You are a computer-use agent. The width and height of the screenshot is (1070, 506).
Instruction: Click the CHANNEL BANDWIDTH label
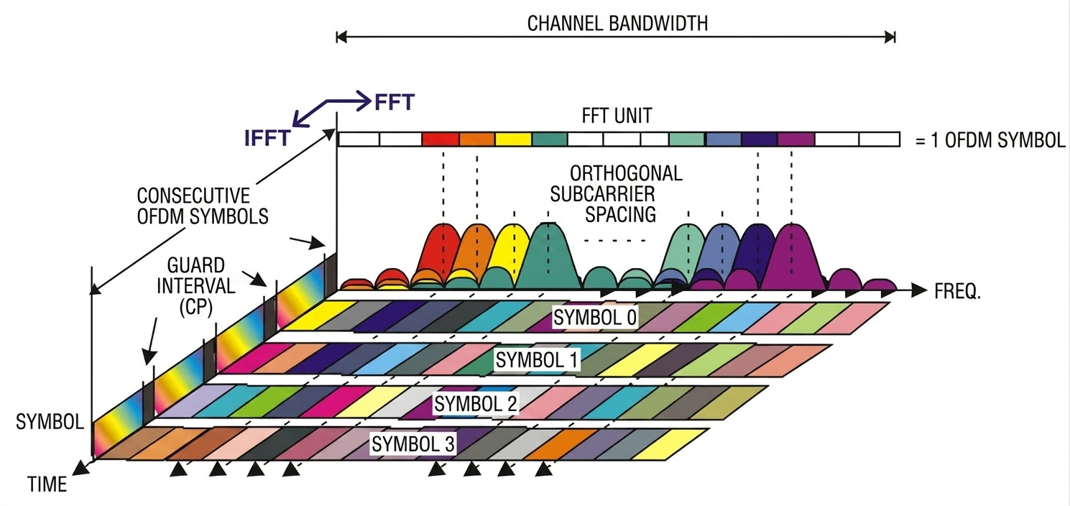click(617, 24)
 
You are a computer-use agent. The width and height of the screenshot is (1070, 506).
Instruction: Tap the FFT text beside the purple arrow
click(395, 102)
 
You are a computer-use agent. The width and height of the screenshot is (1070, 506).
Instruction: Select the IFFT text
click(267, 138)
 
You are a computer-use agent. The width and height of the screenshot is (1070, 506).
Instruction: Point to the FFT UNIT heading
click(617, 116)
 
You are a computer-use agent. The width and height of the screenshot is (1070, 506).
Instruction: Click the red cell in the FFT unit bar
click(441, 139)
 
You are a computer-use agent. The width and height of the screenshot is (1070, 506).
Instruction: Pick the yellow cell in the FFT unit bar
click(513, 139)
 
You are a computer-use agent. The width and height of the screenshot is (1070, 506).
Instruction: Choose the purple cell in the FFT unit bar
click(795, 139)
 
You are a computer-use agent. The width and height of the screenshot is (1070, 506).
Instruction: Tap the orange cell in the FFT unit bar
click(476, 139)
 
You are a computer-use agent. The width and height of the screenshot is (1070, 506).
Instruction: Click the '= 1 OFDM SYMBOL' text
click(990, 140)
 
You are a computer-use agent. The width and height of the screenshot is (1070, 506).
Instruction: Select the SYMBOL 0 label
click(595, 317)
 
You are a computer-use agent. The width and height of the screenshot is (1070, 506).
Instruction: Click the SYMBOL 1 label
click(537, 360)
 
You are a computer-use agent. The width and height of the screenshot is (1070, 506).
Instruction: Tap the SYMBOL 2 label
click(475, 404)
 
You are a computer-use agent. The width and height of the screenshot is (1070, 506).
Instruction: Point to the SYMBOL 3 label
click(413, 444)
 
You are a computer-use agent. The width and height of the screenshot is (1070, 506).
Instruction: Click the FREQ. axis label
click(957, 292)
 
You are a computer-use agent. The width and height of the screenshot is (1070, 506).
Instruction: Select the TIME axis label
click(47, 484)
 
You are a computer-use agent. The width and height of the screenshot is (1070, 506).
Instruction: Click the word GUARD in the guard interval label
click(196, 266)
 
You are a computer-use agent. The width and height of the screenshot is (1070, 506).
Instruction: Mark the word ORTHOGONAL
click(626, 173)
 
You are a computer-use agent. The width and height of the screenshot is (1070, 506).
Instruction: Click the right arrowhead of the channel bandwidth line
click(890, 37)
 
